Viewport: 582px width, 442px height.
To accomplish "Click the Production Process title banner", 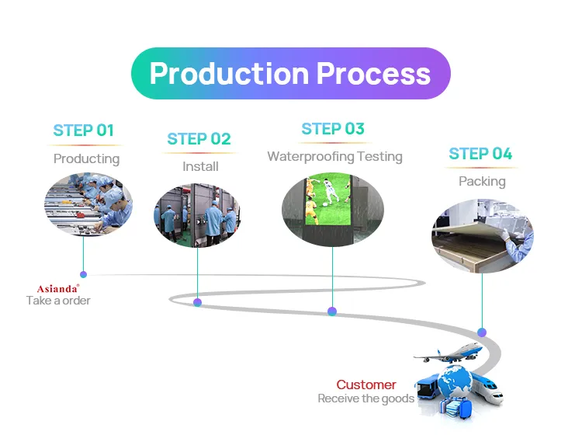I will coord(289,74).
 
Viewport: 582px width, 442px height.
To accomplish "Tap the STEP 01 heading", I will coord(83,131).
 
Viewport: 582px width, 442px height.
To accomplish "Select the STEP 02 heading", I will coord(199,139).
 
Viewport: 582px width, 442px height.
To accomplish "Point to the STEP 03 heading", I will coord(333,129).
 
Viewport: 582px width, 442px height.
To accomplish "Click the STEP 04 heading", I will coord(480,154).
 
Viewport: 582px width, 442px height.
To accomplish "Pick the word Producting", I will coord(86,158).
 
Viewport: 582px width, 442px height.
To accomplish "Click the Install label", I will coord(200,166).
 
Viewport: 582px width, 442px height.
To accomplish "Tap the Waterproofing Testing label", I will coord(334,156).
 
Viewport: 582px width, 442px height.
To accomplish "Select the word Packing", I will coord(482,181).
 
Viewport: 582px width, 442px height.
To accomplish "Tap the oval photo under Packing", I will coord(482,235).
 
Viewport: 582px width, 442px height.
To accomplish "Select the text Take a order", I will coord(58,301).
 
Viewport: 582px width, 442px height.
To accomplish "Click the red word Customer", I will coord(365,385).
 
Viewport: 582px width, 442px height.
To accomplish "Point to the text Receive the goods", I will coord(365,398).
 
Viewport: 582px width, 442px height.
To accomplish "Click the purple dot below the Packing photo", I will coord(482,332).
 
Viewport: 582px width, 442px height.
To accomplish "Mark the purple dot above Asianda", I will coord(83,274).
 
